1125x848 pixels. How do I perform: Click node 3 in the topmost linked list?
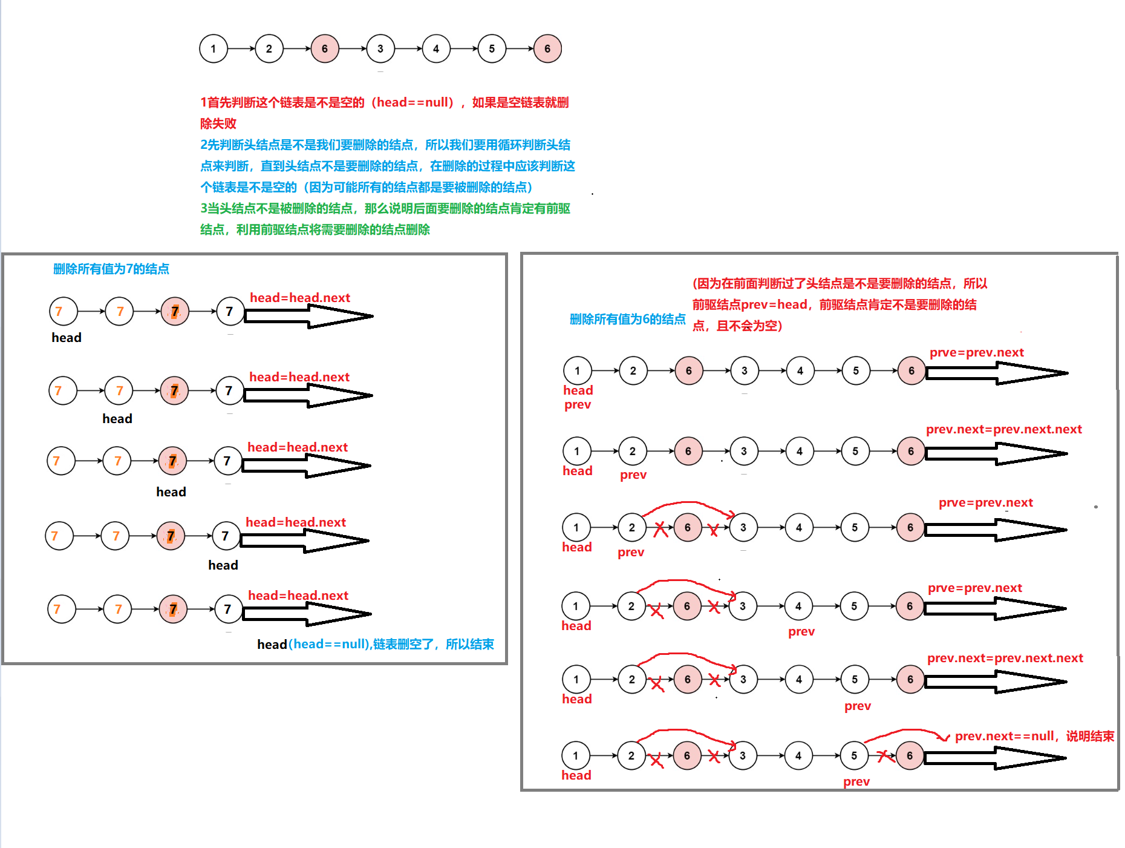click(x=380, y=49)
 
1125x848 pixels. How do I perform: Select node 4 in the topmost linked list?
click(x=435, y=49)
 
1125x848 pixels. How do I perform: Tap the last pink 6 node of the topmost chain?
click(x=547, y=49)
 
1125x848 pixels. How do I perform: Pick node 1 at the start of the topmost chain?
click(x=213, y=49)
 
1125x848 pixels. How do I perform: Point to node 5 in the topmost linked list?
click(x=491, y=49)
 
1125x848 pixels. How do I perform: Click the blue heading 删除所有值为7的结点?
click(x=111, y=269)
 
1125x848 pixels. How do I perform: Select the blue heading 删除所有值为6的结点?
click(x=627, y=319)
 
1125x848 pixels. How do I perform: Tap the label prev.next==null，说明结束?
click(x=1034, y=736)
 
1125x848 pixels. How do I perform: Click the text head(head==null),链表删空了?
click(x=375, y=644)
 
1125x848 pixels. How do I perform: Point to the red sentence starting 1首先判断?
click(x=384, y=113)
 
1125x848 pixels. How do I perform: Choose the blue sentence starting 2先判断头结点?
click(x=387, y=166)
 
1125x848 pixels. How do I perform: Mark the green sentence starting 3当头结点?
click(x=385, y=219)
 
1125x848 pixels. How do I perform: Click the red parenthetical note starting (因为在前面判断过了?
click(x=840, y=304)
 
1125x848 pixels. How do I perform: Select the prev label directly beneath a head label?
click(x=578, y=405)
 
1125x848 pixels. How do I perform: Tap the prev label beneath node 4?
click(x=801, y=631)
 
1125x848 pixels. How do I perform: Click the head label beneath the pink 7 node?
click(x=171, y=492)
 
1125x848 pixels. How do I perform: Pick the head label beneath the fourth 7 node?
click(x=223, y=565)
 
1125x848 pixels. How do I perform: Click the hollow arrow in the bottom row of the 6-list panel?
click(x=995, y=758)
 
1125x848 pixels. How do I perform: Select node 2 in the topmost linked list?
click(x=269, y=49)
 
